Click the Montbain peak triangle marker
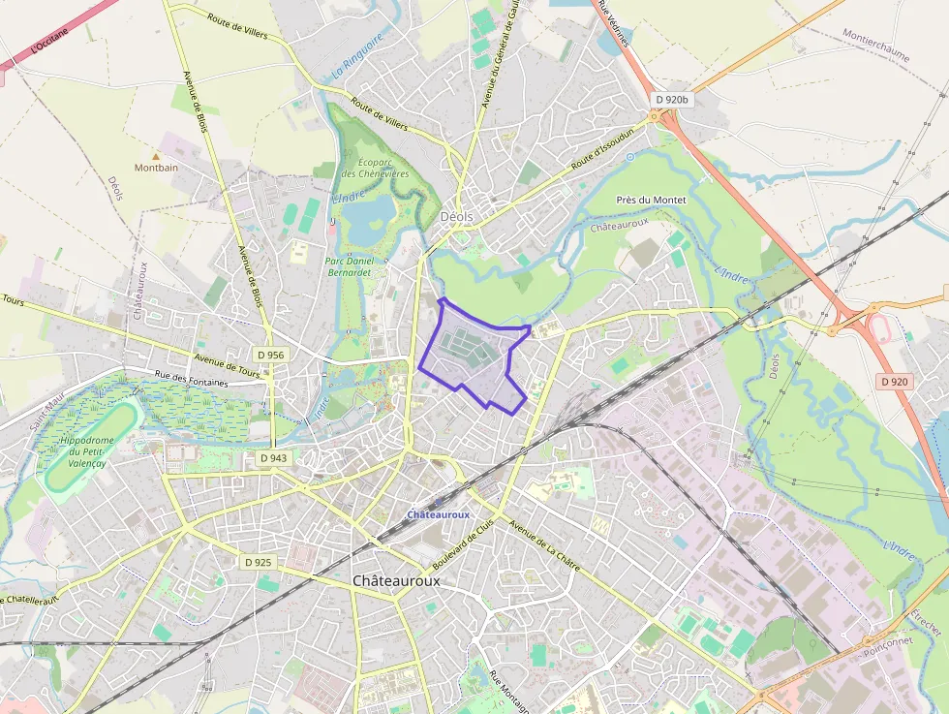pos(155,155)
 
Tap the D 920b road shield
pos(670,99)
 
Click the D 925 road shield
pos(259,562)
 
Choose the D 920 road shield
pos(895,382)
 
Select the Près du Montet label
pos(651,200)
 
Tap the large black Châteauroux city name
pos(396,580)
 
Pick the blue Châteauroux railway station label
pos(438,514)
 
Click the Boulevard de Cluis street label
pos(462,543)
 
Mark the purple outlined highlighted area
pos(474,354)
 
